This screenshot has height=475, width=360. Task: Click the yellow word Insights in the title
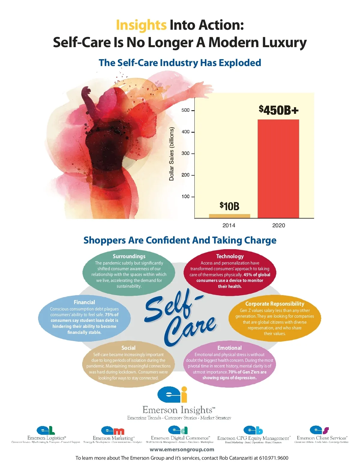click(x=141, y=25)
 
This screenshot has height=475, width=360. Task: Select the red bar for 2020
click(x=278, y=168)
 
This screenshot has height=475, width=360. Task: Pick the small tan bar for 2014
click(x=229, y=216)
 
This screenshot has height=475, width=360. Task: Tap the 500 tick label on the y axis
click(x=185, y=110)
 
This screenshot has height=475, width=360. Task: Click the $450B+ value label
click(x=279, y=110)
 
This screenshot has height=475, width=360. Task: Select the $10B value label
click(x=229, y=206)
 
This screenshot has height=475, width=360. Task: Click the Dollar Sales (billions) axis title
click(x=172, y=154)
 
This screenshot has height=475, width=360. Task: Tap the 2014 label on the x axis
click(x=229, y=225)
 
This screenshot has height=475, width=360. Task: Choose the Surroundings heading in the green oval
click(x=129, y=256)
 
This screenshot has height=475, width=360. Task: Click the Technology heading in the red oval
click(x=230, y=256)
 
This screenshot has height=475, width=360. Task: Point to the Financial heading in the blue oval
click(x=84, y=302)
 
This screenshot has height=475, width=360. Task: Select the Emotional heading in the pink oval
click(x=229, y=348)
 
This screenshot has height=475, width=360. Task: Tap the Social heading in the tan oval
click(x=128, y=348)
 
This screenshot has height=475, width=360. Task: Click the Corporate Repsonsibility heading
click(x=274, y=304)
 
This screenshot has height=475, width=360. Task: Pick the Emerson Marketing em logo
click(x=112, y=431)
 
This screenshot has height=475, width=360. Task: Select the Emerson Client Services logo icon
click(x=319, y=430)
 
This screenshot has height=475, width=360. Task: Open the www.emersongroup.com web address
click(x=182, y=449)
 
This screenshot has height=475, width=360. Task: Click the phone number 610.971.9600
click(x=274, y=458)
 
